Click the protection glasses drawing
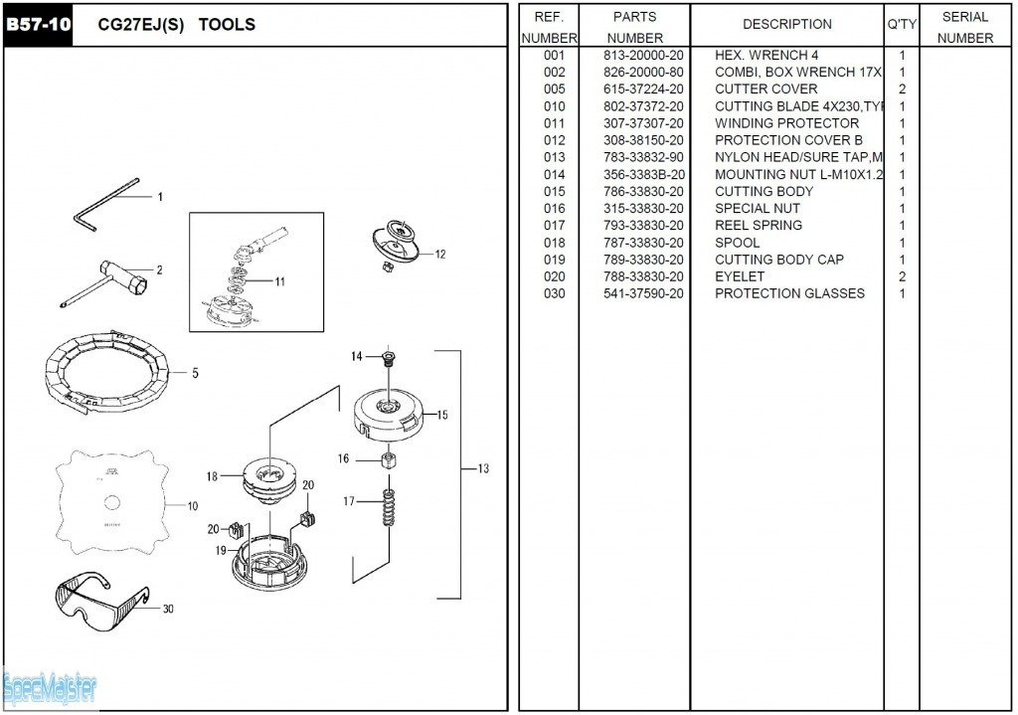(x=99, y=598)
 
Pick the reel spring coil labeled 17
(x=388, y=504)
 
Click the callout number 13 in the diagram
(x=483, y=468)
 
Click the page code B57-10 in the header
(x=39, y=25)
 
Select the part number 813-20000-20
(x=643, y=56)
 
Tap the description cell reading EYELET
(x=740, y=276)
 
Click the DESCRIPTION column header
(x=786, y=25)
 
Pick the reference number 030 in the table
(x=554, y=293)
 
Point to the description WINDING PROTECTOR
(x=786, y=123)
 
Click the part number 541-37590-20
(x=643, y=293)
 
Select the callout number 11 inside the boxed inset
(x=280, y=281)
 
